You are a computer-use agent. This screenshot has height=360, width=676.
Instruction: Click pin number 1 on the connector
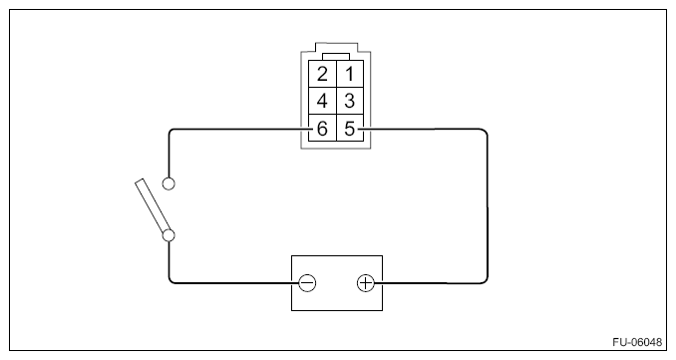[350, 75]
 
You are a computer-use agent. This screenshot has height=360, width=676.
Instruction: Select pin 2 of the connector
[323, 75]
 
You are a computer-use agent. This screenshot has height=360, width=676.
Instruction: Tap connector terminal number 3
[350, 102]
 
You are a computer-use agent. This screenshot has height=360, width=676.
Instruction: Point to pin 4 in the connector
[323, 102]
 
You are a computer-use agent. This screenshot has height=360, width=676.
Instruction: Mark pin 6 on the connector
[323, 129]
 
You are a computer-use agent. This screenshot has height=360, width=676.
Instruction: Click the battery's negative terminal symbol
[308, 283]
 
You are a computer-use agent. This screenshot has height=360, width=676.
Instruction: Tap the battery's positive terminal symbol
[366, 283]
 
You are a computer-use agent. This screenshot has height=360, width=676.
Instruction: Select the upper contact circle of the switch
[169, 182]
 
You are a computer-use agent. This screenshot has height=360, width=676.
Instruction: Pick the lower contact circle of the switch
[169, 236]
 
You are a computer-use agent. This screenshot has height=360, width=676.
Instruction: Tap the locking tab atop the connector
[336, 56]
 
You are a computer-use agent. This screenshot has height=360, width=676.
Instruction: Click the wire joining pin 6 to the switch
[229, 129]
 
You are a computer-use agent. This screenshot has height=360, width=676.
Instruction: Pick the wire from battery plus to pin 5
[488, 199]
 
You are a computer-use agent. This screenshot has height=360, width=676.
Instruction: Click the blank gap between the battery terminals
[337, 283]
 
